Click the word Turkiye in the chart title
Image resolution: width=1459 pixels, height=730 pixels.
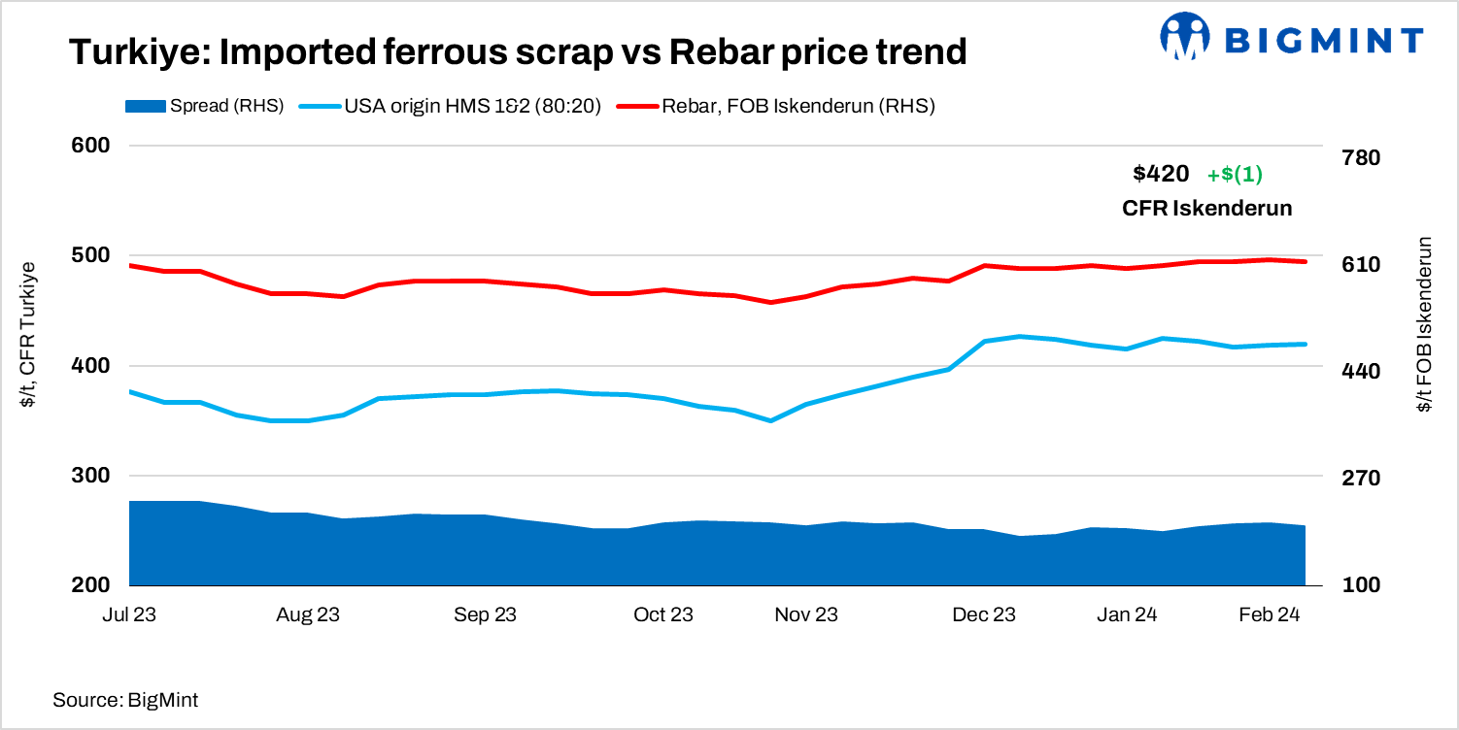point(136,51)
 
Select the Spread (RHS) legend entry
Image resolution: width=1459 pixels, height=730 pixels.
point(204,107)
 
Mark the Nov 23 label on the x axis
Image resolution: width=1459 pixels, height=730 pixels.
point(805,614)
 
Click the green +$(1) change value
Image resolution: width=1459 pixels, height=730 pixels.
point(1235,175)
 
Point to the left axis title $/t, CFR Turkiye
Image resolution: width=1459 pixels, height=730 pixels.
point(28,335)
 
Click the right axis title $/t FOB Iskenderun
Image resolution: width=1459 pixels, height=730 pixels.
point(1425,324)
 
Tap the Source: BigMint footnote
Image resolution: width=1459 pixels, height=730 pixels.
point(125,699)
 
